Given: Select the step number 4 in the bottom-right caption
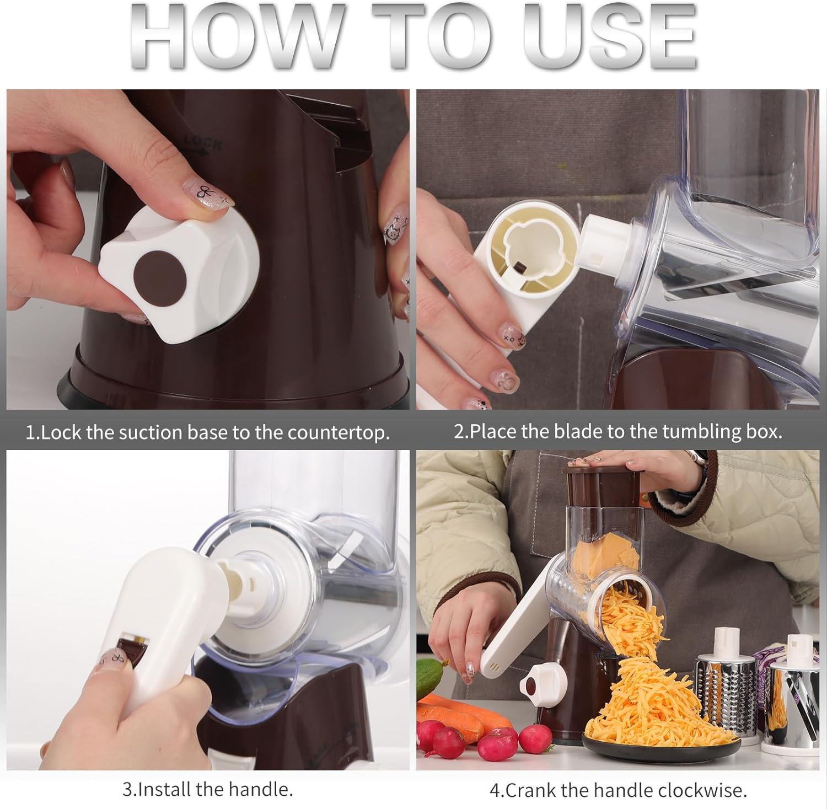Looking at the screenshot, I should click(x=494, y=790).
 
